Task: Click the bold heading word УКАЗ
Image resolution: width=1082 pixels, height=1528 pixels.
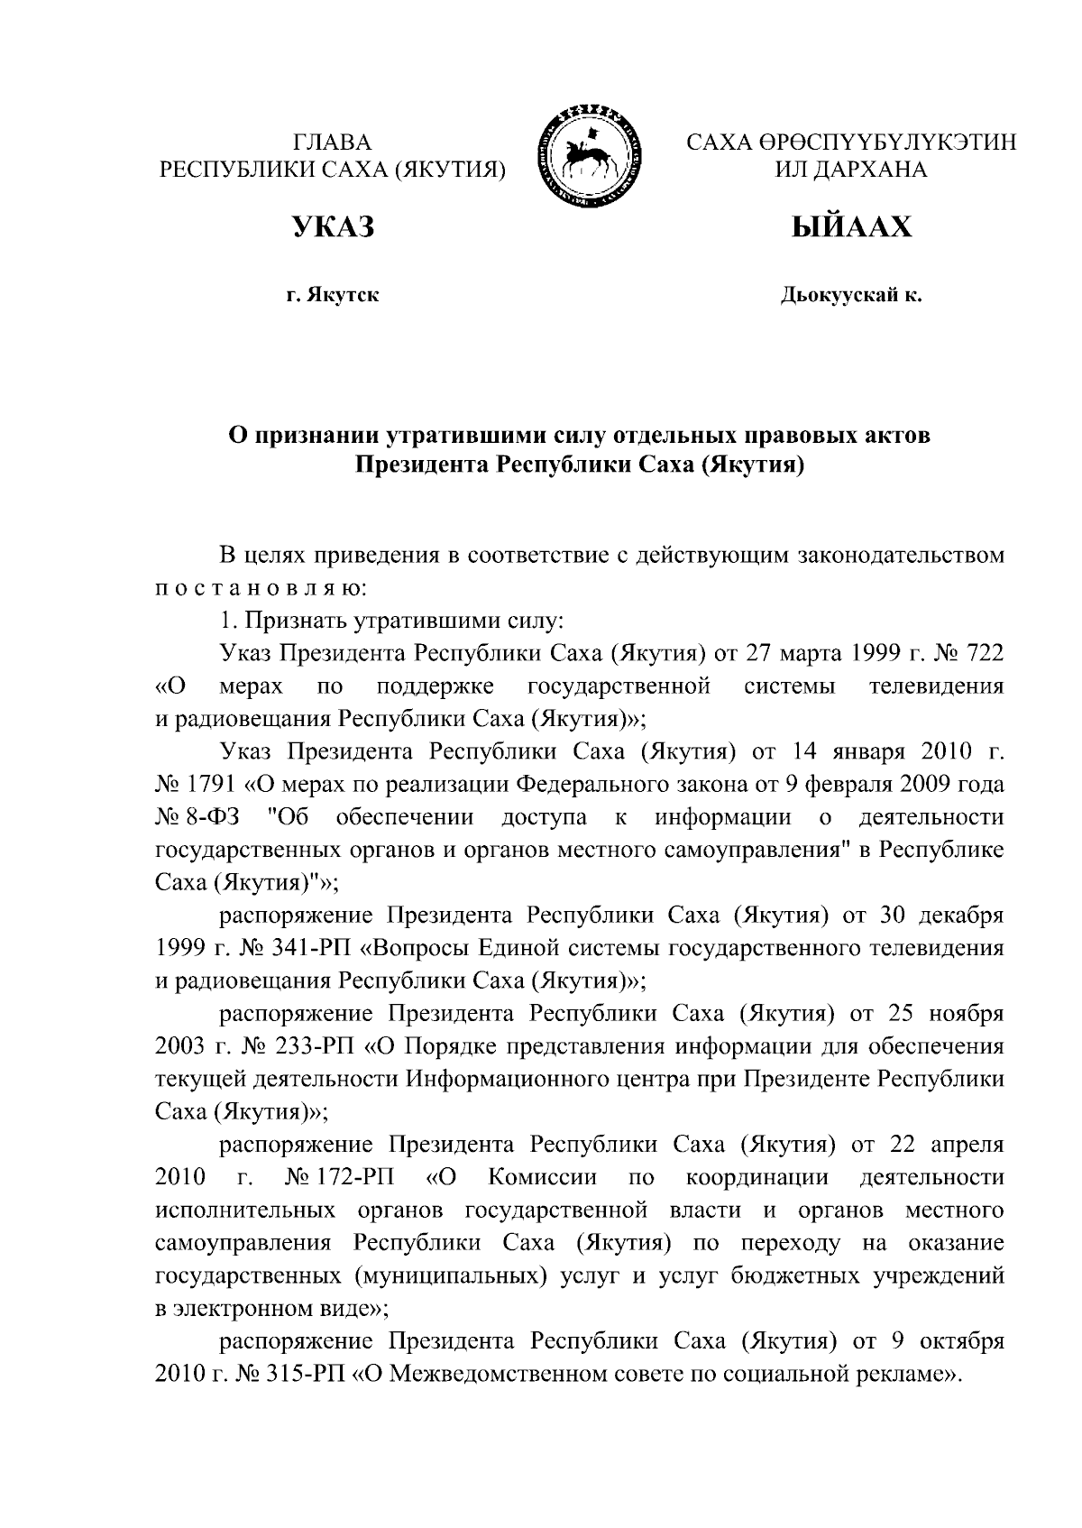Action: click(x=332, y=227)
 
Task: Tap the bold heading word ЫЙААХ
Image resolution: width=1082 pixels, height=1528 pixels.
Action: click(x=851, y=227)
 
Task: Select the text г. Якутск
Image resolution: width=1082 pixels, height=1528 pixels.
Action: click(x=332, y=295)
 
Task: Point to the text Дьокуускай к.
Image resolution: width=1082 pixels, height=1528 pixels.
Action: click(x=851, y=295)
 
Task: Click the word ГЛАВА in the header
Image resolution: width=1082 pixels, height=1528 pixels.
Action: click(x=332, y=142)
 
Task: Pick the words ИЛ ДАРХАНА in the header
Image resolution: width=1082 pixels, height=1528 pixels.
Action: click(x=851, y=170)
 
